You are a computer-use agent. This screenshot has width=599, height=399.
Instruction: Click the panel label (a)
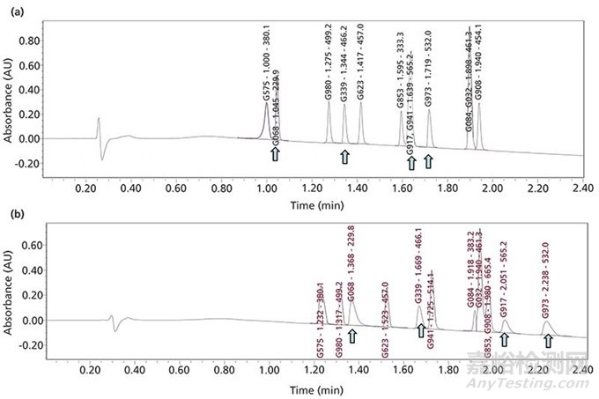click(13, 12)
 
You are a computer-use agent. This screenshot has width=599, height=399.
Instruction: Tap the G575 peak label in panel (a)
click(266, 63)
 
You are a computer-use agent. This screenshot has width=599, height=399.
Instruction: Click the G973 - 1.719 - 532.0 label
click(429, 72)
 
